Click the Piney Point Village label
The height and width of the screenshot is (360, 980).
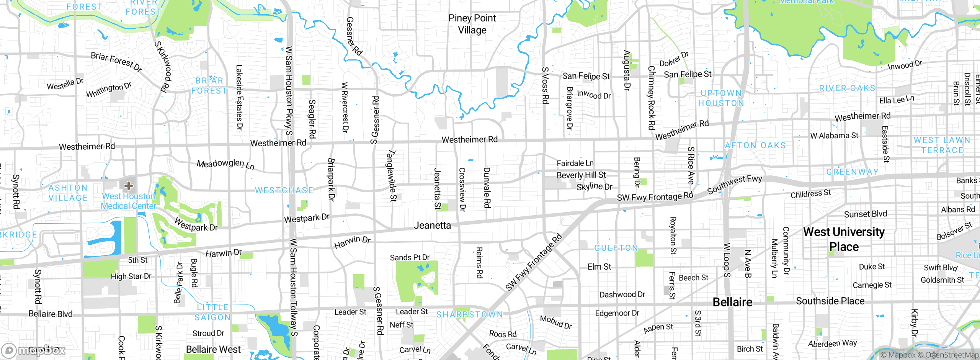(x=472, y=24)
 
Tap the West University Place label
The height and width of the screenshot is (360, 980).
(x=844, y=239)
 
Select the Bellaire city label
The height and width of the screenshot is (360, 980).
(x=732, y=302)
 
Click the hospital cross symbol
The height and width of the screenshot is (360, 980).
(x=129, y=186)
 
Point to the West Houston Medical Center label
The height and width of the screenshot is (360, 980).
(x=128, y=201)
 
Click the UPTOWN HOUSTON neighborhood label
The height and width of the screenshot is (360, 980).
(x=721, y=98)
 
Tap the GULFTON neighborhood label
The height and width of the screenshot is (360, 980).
(x=616, y=248)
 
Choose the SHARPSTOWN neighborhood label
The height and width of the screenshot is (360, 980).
(x=470, y=314)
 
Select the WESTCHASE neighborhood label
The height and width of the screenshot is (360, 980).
(x=284, y=190)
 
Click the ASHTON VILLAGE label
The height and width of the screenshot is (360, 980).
(x=68, y=193)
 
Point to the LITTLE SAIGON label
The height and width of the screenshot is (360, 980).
(x=213, y=312)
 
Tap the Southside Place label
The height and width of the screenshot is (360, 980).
(x=830, y=301)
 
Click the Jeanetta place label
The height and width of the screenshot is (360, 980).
(x=432, y=226)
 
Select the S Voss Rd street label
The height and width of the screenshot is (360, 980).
(x=545, y=85)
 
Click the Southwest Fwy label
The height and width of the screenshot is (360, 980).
(x=735, y=184)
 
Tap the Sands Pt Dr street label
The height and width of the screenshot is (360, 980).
(x=410, y=257)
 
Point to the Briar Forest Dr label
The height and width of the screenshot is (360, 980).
(x=116, y=61)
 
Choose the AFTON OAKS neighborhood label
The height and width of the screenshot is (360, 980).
(x=755, y=146)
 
